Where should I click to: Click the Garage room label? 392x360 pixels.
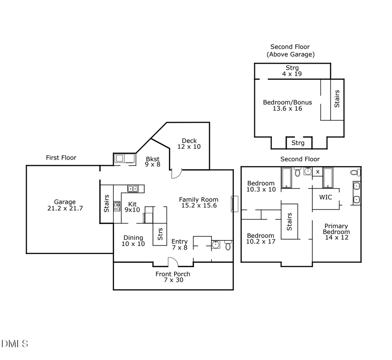[65, 205]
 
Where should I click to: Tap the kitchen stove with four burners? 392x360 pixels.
[117, 206]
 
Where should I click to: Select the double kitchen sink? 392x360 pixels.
[133, 189]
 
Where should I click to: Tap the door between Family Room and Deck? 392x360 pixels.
[175, 174]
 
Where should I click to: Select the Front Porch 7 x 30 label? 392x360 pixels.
[173, 277]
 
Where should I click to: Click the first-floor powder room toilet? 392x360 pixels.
[228, 245]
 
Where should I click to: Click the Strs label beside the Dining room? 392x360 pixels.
[160, 234]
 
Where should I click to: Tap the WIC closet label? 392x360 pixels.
[325, 197]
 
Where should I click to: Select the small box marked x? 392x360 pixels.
[318, 172]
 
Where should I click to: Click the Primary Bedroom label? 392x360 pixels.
[336, 231]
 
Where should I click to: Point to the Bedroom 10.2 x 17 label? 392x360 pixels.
[261, 238]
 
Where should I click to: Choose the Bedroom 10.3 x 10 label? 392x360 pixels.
[261, 186]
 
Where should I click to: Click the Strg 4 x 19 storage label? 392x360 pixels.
[292, 71]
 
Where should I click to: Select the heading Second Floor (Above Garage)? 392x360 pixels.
[290, 51]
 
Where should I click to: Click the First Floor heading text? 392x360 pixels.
[61, 157]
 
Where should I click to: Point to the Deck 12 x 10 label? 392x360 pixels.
[189, 144]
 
